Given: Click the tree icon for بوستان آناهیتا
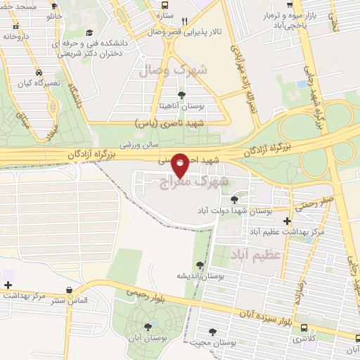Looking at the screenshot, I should pos(182,95).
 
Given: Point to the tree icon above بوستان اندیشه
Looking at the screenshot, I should pos(201,265).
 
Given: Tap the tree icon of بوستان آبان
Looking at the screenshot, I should pos(148,326).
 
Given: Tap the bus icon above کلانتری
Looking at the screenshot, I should pos(304,328).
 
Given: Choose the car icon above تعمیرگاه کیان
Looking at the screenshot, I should pos(38,72).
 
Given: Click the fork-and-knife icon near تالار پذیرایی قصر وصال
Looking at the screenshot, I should pos(184,21).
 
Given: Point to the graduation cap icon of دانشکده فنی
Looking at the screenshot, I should pos(89,32).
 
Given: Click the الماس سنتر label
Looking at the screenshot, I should pos(70,300).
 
